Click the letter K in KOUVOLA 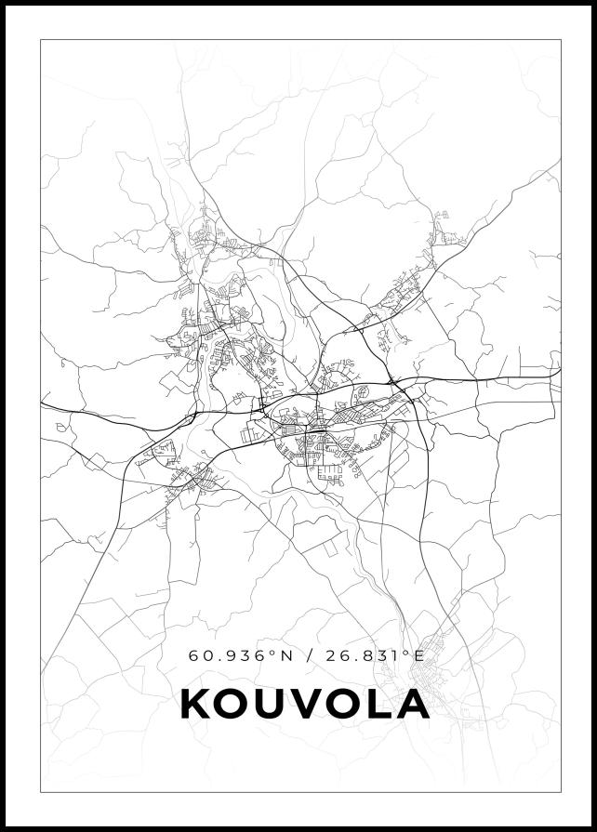(x=196, y=704)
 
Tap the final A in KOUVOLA (x=412, y=704)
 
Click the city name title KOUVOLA (x=305, y=704)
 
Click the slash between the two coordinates (x=308, y=655)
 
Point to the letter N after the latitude (x=286, y=655)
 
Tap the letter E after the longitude (x=419, y=655)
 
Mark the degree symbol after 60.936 (x=273, y=653)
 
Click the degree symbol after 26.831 (x=407, y=653)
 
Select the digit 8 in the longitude (x=369, y=655)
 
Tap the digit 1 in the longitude (x=397, y=655)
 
